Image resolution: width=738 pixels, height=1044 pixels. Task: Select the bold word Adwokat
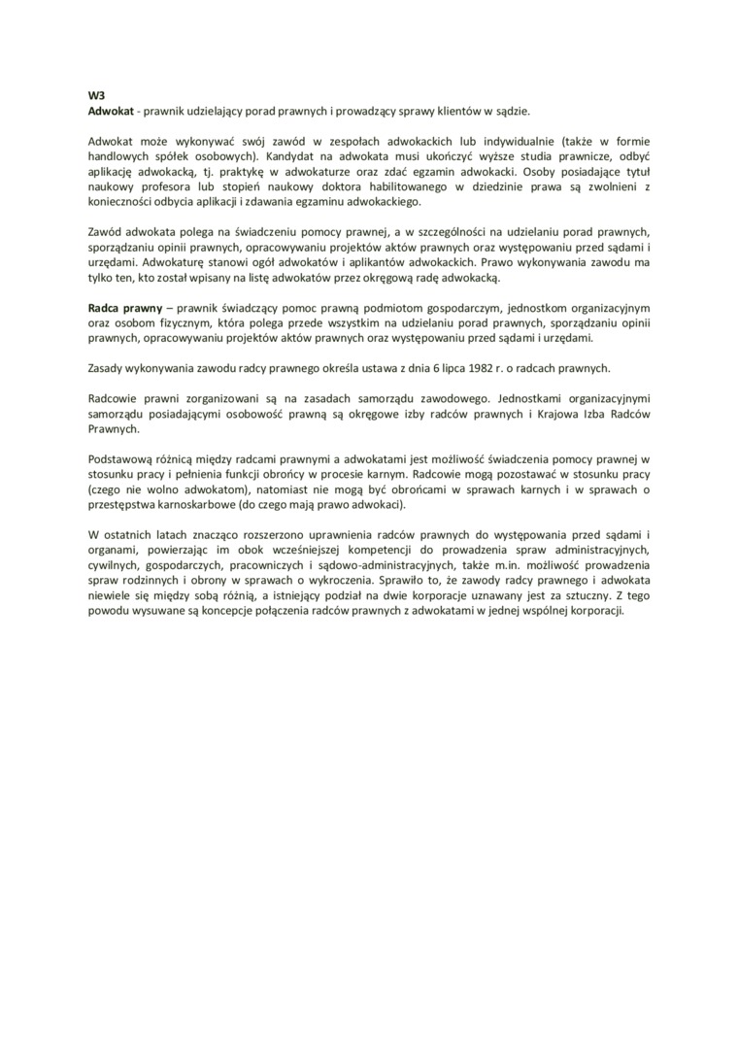click(110, 112)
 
